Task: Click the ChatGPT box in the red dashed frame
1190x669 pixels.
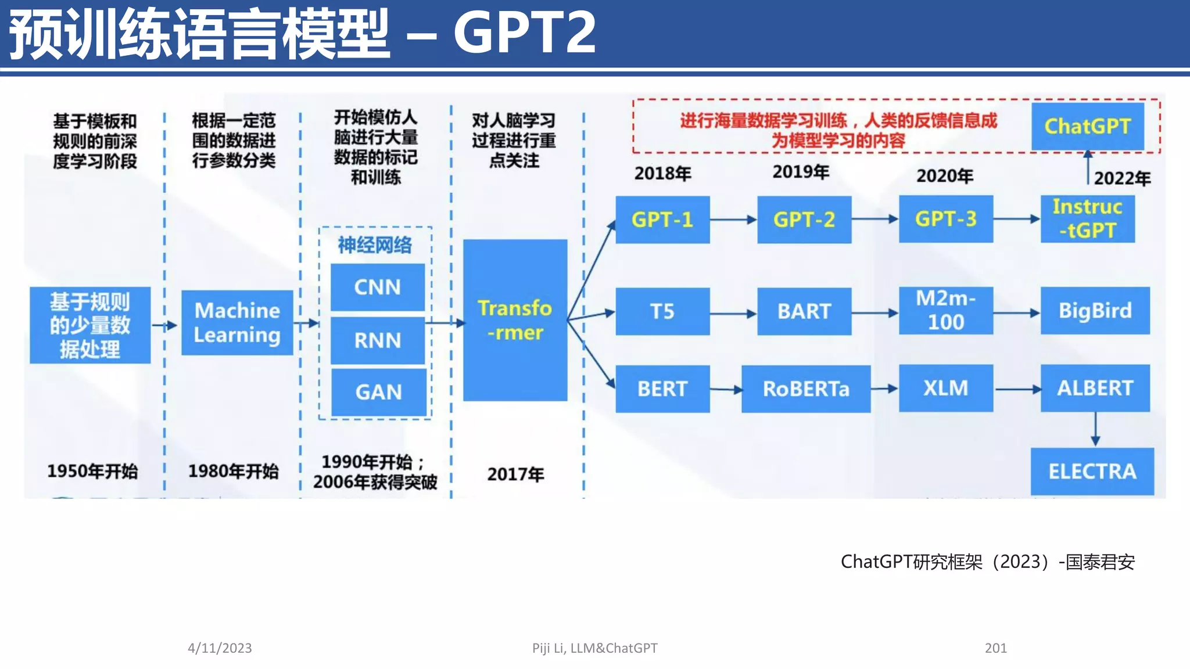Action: click(1087, 126)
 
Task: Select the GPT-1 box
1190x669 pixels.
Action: click(662, 220)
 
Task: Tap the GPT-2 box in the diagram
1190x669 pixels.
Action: click(804, 220)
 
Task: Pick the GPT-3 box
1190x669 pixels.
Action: click(945, 219)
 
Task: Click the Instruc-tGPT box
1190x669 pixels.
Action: click(1087, 219)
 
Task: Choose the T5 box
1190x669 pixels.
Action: click(662, 311)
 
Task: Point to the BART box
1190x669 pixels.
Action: click(804, 311)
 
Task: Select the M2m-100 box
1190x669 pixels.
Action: click(945, 311)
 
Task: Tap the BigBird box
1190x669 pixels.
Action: click(1095, 311)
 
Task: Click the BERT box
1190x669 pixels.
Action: click(662, 389)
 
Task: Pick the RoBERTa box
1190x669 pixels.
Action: click(805, 389)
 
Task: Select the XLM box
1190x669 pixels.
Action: click(945, 388)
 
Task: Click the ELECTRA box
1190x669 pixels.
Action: click(1092, 471)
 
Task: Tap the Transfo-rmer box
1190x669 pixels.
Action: click(515, 320)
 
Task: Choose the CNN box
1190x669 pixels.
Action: click(378, 287)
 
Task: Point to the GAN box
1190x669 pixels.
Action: click(378, 392)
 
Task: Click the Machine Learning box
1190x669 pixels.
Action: click(237, 323)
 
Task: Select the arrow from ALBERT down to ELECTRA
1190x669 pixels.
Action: click(1095, 429)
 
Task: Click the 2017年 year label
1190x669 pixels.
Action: click(515, 474)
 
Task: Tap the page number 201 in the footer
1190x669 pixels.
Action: click(995, 648)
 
